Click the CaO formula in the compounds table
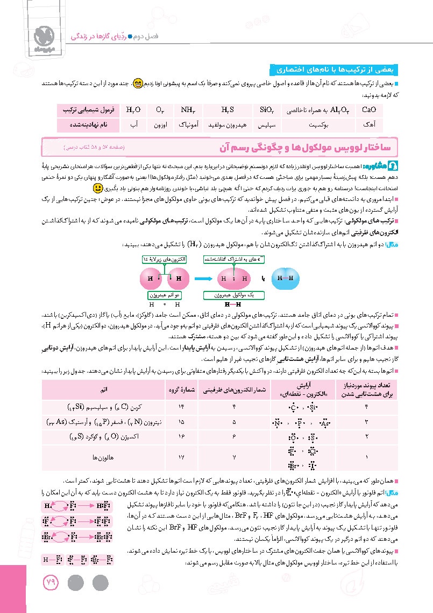point(369,109)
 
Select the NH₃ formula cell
point(188,109)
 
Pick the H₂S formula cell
point(228,109)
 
